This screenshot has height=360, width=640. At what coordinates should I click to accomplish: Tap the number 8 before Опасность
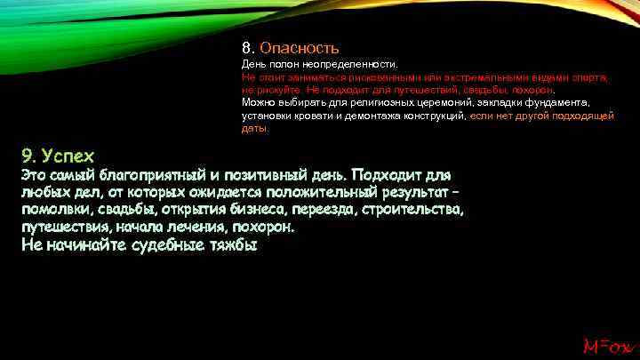[x=246, y=48]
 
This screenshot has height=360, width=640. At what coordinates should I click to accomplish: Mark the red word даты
[x=253, y=128]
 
